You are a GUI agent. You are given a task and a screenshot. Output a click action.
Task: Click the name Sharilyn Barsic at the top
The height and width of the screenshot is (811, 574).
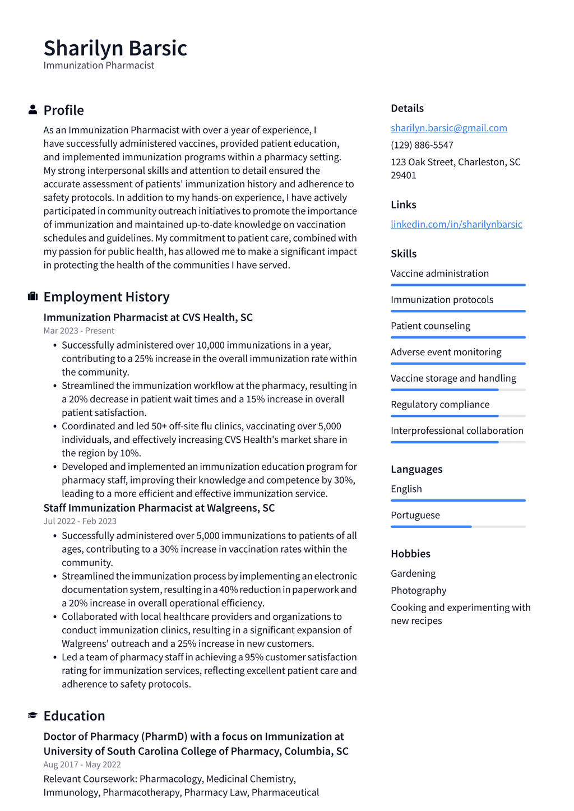(x=115, y=48)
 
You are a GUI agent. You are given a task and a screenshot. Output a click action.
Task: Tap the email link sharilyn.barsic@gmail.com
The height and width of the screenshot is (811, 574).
(x=448, y=128)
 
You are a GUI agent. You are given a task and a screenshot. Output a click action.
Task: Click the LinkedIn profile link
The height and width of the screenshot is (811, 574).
(x=456, y=224)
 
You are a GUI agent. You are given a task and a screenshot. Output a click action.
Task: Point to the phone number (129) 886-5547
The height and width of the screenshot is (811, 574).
(x=422, y=145)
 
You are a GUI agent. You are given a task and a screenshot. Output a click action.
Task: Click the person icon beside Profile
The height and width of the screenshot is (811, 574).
(x=33, y=110)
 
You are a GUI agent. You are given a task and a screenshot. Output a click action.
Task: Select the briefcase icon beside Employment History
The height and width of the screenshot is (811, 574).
(x=33, y=296)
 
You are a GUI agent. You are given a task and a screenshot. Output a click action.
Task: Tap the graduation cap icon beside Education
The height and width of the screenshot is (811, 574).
(x=33, y=716)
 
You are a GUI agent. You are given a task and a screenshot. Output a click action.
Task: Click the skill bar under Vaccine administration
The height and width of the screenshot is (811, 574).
(x=458, y=285)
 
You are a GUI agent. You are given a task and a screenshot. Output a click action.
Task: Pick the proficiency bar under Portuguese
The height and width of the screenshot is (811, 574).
(x=458, y=527)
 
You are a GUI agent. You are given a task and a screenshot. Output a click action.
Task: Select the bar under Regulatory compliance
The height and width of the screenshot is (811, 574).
(x=458, y=416)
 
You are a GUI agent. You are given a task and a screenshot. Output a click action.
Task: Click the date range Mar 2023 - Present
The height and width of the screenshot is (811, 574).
(x=79, y=331)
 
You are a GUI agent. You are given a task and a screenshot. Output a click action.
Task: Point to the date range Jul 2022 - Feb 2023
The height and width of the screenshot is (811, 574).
(x=80, y=521)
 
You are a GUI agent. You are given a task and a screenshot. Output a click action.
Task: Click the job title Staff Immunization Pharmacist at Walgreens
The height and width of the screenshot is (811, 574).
(x=159, y=508)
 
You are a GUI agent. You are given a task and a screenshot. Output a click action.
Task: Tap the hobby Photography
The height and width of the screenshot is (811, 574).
(x=418, y=591)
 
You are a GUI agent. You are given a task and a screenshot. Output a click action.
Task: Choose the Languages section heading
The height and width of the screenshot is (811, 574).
(x=416, y=469)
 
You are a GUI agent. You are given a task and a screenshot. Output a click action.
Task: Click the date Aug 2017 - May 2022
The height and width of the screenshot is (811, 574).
(x=82, y=764)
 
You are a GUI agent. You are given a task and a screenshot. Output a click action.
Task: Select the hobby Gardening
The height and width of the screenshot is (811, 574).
(x=413, y=573)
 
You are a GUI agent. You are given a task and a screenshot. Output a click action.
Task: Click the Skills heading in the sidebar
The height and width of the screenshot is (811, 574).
(x=404, y=253)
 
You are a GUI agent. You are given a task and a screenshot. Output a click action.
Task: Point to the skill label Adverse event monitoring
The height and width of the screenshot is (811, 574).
(x=446, y=352)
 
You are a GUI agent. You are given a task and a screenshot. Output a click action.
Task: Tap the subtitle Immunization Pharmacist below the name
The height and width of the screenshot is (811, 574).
(x=99, y=66)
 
